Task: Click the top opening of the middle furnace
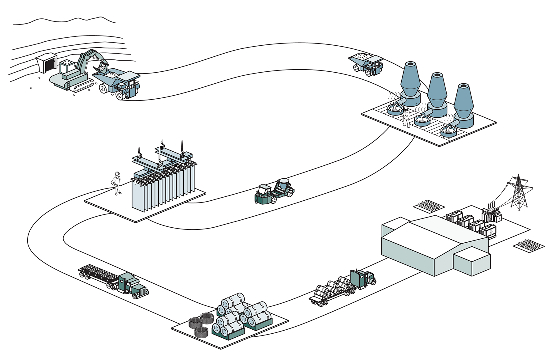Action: click(437, 75)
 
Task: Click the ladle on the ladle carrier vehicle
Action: click(283, 184)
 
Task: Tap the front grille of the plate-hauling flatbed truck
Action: click(143, 292)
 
